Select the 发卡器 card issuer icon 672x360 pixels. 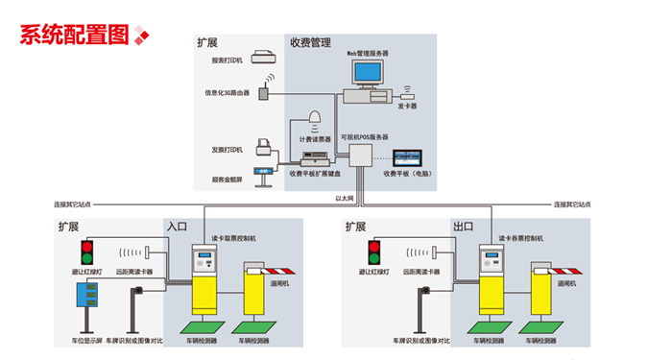(x=408, y=94)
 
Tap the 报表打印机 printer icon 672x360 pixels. (x=263, y=59)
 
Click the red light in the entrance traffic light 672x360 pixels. (x=87, y=249)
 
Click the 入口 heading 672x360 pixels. (x=177, y=227)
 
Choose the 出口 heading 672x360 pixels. (x=463, y=227)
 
